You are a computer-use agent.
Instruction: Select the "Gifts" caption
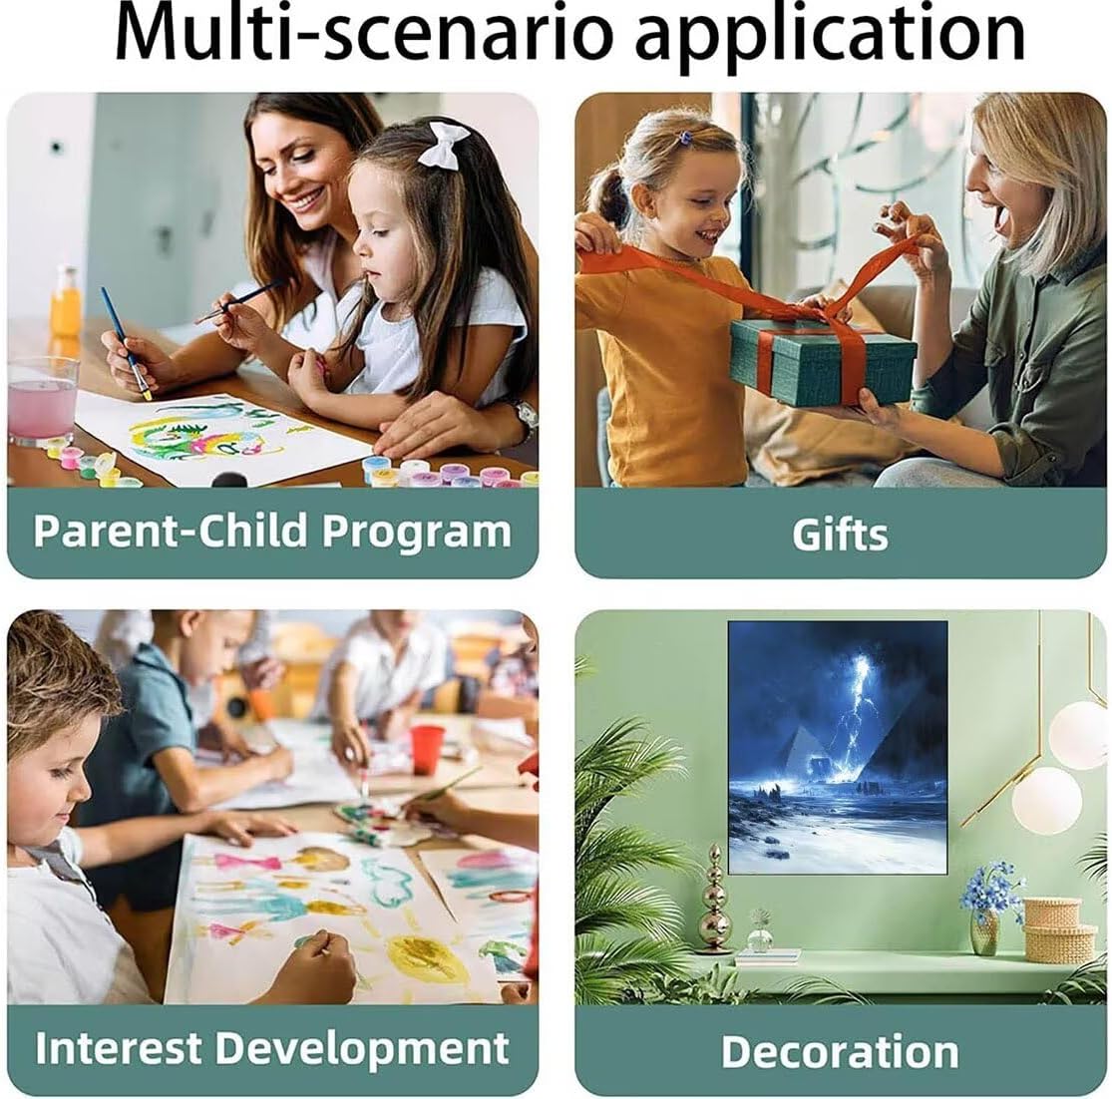pos(841,535)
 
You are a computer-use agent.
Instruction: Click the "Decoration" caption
pos(841,1051)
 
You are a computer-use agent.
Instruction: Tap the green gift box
pos(822,362)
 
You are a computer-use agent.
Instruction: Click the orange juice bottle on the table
pos(65,302)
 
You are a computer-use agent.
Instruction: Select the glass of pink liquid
pos(42,401)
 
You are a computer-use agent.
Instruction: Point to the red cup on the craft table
pos(426,749)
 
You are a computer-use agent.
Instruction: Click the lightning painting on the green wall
pos(838,747)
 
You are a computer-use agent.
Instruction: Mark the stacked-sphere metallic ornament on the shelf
pos(714,900)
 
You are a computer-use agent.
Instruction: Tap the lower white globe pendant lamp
pos(1046,800)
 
